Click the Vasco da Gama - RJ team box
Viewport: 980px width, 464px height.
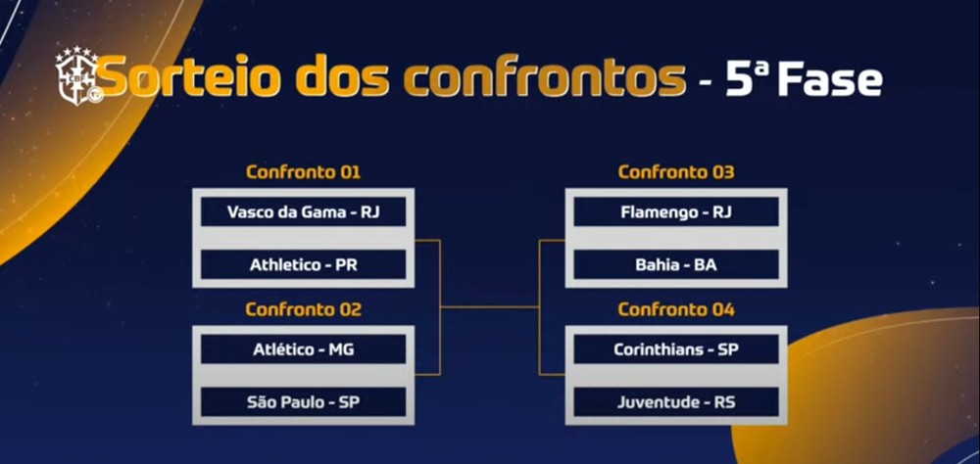click(303, 211)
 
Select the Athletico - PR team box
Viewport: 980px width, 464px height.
click(303, 264)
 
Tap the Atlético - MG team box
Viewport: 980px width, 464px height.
click(303, 348)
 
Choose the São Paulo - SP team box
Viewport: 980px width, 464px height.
click(303, 401)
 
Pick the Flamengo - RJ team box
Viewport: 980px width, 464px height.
click(675, 211)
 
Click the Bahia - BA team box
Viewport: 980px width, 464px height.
click(675, 264)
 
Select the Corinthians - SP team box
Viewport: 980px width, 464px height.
click(675, 348)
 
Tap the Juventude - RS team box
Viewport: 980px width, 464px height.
click(675, 401)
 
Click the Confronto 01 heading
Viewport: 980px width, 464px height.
click(303, 173)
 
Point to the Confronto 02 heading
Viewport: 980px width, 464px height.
click(303, 310)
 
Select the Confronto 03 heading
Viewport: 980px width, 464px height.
click(675, 173)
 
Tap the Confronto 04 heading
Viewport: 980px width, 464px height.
click(675, 310)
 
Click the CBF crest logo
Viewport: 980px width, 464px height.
click(77, 76)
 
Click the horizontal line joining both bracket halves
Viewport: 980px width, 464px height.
click(490, 306)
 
